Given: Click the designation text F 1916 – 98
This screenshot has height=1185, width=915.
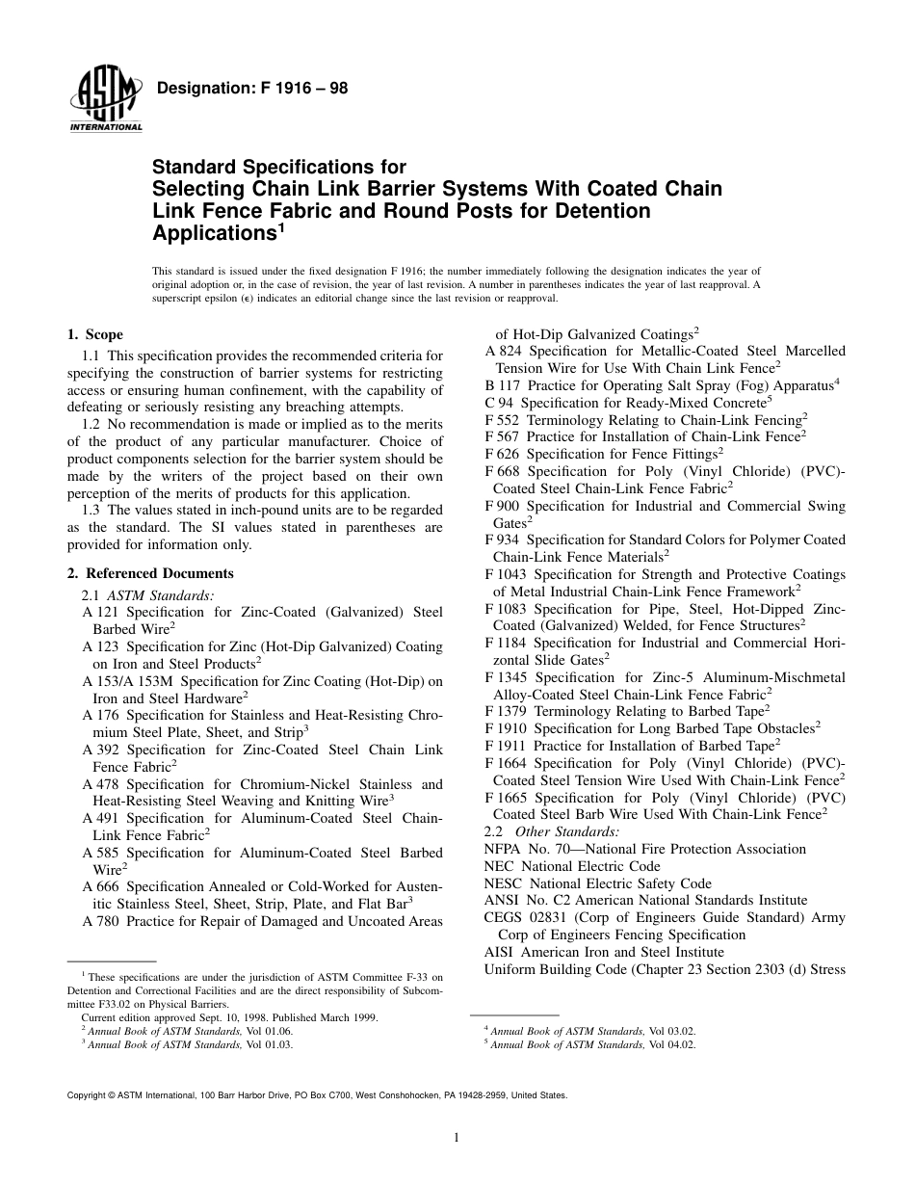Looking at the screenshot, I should point(251,89).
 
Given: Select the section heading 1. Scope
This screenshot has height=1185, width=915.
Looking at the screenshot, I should point(94,334).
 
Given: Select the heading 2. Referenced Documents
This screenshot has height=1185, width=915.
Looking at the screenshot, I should point(150,573).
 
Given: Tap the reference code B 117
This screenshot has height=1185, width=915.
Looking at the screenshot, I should point(502,385).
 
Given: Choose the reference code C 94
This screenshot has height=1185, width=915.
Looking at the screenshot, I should point(498,403).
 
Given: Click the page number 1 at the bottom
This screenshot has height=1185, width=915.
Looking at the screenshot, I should point(457,1138).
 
